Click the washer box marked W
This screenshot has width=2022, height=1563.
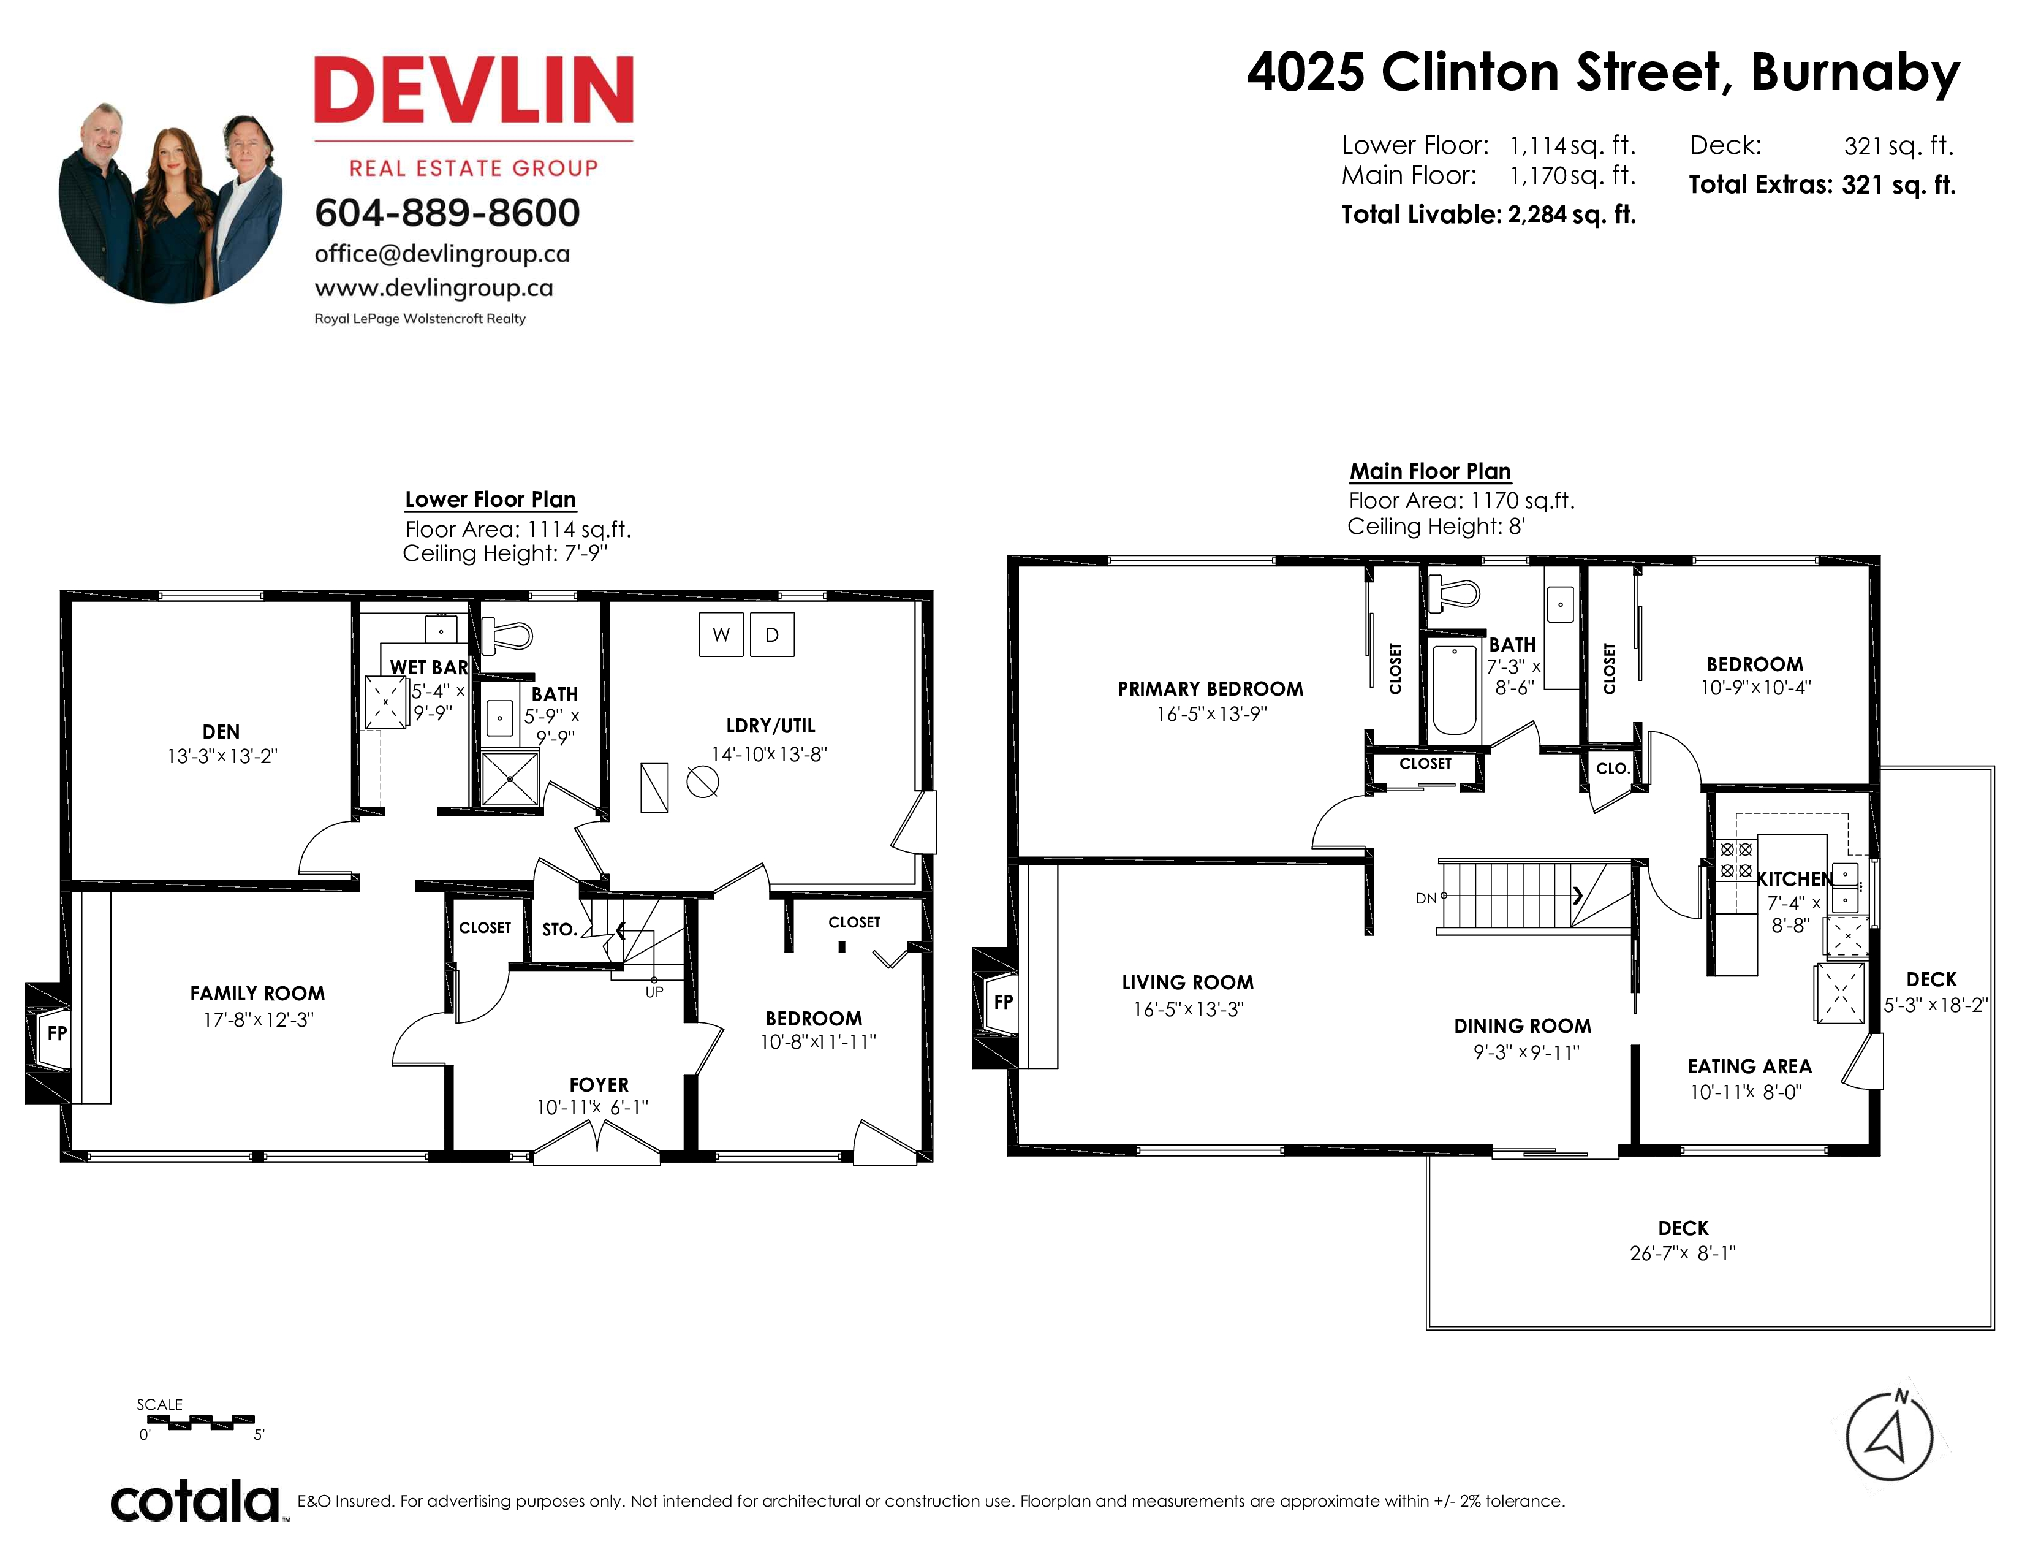click(x=721, y=634)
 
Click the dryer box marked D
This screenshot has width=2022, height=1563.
click(x=772, y=634)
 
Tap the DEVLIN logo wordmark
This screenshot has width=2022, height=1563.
click(x=474, y=90)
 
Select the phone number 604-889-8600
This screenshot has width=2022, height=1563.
click(x=447, y=213)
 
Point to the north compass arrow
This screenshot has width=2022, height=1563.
click(x=1888, y=1436)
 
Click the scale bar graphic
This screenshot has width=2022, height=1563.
click(x=200, y=1421)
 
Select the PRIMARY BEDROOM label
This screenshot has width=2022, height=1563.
click(x=1210, y=689)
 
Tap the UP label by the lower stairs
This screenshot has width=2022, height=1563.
click(x=654, y=992)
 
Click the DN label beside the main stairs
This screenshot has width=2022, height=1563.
click(x=1426, y=897)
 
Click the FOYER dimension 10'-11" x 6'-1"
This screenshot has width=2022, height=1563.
click(x=593, y=1108)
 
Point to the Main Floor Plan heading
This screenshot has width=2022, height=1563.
click(x=1430, y=471)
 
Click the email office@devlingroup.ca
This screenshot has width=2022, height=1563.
click(x=442, y=254)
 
